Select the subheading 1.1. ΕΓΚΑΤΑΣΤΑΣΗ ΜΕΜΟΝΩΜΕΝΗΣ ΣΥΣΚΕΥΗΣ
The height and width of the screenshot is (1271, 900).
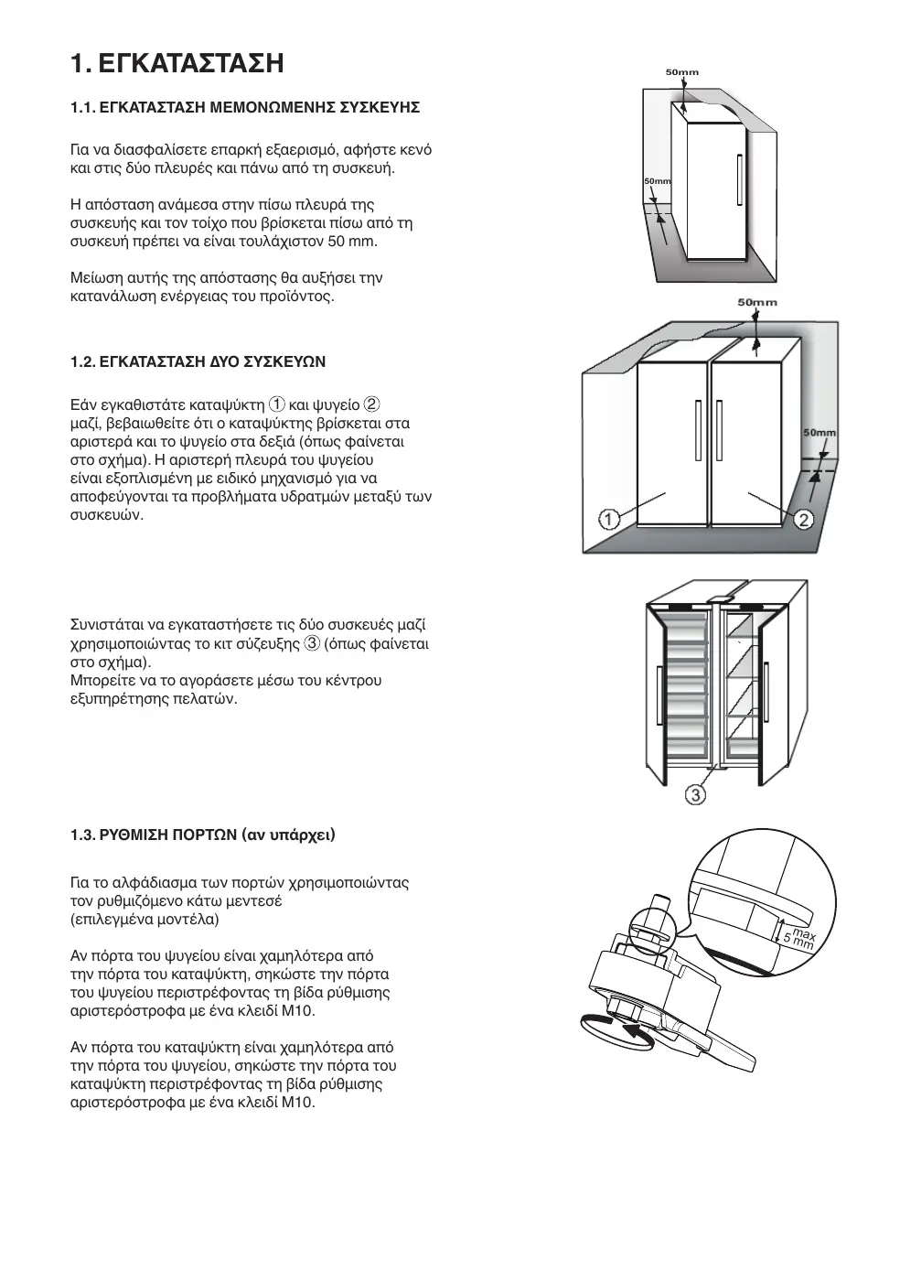(245, 108)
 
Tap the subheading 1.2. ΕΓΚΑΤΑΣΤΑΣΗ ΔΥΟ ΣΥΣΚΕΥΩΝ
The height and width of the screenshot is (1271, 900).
(198, 362)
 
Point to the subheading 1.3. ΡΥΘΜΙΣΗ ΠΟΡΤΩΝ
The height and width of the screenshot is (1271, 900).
(203, 835)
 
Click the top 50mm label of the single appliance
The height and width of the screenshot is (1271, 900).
(681, 71)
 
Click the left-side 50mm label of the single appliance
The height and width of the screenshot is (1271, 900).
(658, 181)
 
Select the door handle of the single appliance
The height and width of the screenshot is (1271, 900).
(738, 182)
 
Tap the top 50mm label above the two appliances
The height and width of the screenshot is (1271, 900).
(756, 302)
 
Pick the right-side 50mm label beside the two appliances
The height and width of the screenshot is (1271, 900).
(819, 432)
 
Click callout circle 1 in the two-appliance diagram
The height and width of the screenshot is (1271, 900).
(610, 520)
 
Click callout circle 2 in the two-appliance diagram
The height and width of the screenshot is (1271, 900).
(803, 520)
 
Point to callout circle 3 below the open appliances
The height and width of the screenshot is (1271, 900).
(695, 794)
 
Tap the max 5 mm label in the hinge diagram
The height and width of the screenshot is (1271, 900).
(798, 937)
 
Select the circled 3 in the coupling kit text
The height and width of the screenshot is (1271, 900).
(312, 644)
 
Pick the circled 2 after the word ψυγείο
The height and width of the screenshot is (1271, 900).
(372, 405)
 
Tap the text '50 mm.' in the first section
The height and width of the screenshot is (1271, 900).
(352, 242)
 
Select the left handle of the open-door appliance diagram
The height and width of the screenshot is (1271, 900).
(659, 693)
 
